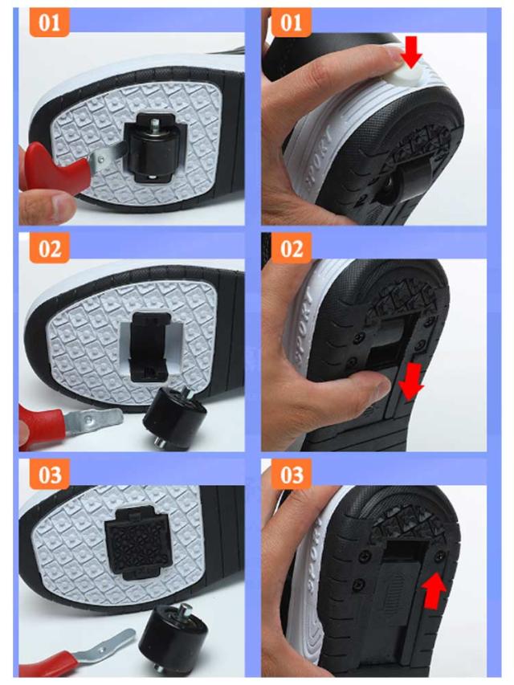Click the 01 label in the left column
pyautogui.click(x=49, y=22)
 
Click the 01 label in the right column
pyautogui.click(x=291, y=22)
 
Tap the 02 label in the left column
pyautogui.click(x=49, y=248)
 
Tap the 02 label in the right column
pyautogui.click(x=291, y=248)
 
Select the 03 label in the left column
pyautogui.click(x=49, y=475)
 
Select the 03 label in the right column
pyautogui.click(x=291, y=475)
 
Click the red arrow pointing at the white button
pyautogui.click(x=410, y=52)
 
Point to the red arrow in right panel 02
pyautogui.click(x=411, y=381)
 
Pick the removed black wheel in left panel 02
pyautogui.click(x=174, y=418)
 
